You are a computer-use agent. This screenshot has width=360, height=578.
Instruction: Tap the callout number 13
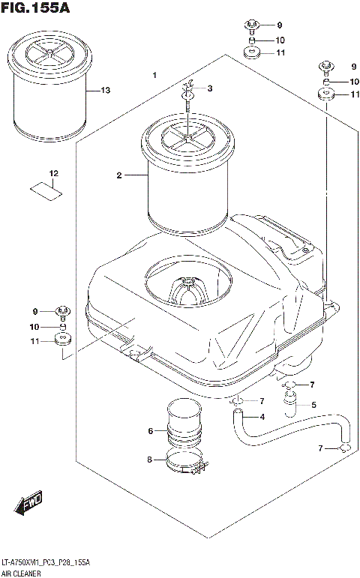105,91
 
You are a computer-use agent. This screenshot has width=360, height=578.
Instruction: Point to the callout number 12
53,174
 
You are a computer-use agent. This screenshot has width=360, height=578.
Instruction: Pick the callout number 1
154,76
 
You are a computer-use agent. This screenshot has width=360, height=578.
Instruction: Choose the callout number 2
118,175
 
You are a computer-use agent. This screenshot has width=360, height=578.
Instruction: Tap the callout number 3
210,88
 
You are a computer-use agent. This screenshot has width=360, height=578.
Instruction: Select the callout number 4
262,417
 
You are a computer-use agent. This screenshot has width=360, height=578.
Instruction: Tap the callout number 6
151,430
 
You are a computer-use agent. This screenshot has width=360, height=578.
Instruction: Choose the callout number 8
150,459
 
